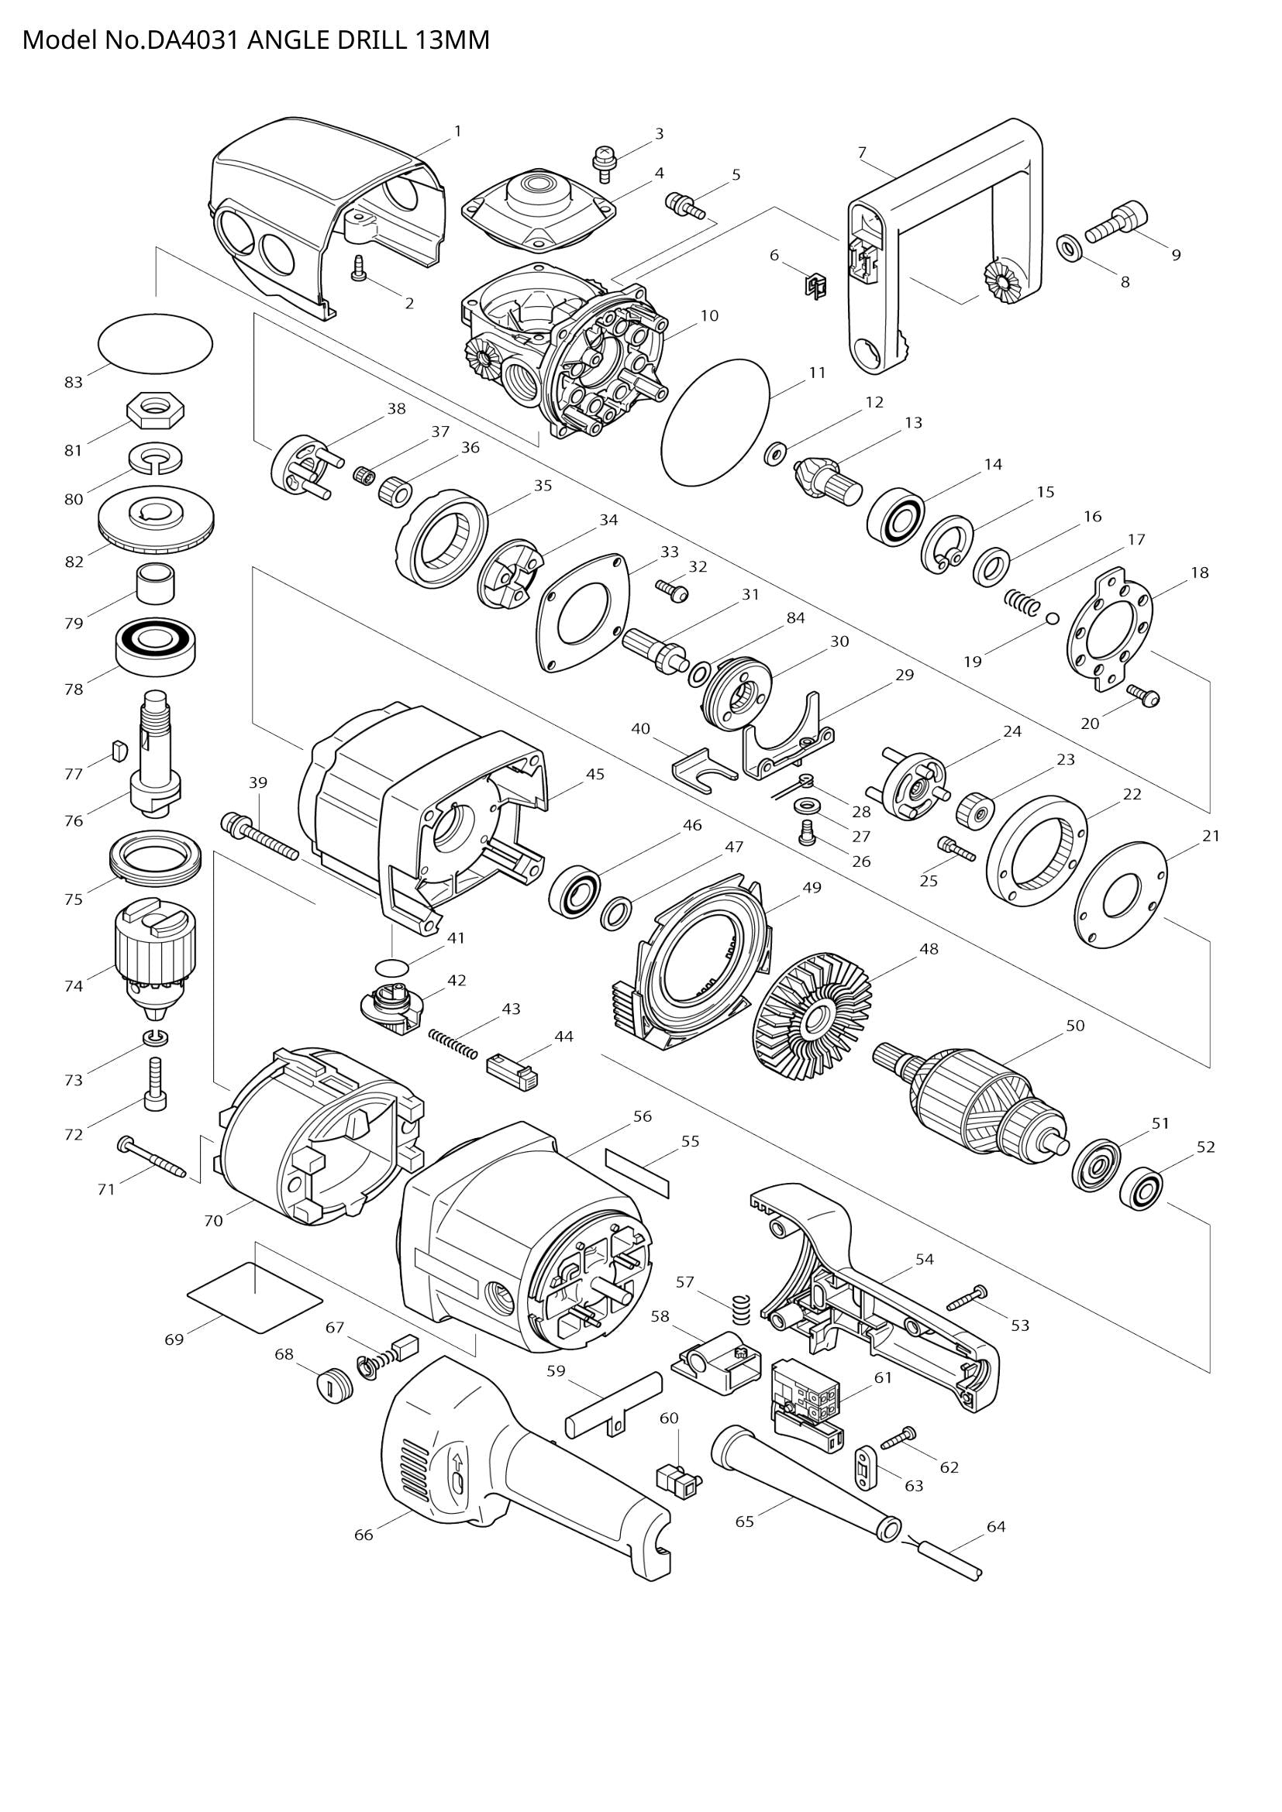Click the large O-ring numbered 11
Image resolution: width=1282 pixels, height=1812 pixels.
pos(715,421)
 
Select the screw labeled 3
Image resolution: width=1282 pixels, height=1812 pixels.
pos(604,159)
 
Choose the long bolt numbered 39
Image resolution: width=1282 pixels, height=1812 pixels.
pos(260,834)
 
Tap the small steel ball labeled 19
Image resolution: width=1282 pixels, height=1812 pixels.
pos(1052,618)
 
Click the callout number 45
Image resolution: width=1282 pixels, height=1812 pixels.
pos(595,773)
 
